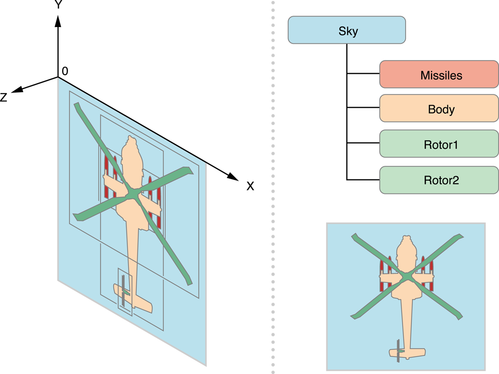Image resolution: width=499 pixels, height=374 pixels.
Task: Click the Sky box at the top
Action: [x=346, y=30]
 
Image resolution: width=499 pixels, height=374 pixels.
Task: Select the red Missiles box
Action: [x=439, y=75]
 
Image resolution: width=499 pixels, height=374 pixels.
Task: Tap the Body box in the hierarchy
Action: [x=439, y=109]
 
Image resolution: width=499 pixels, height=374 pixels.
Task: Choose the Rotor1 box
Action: [x=439, y=144]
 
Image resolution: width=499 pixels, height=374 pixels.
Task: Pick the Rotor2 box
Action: [x=439, y=180]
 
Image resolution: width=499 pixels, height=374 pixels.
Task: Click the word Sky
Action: [x=348, y=31]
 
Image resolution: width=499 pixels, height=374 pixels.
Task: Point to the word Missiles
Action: [x=441, y=76]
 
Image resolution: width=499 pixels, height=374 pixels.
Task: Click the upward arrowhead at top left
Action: [x=58, y=21]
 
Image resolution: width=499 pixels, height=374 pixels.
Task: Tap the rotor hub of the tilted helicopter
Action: [x=132, y=195]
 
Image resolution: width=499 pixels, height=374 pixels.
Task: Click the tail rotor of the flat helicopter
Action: [x=398, y=351]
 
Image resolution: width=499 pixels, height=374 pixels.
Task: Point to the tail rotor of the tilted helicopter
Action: [x=123, y=290]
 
